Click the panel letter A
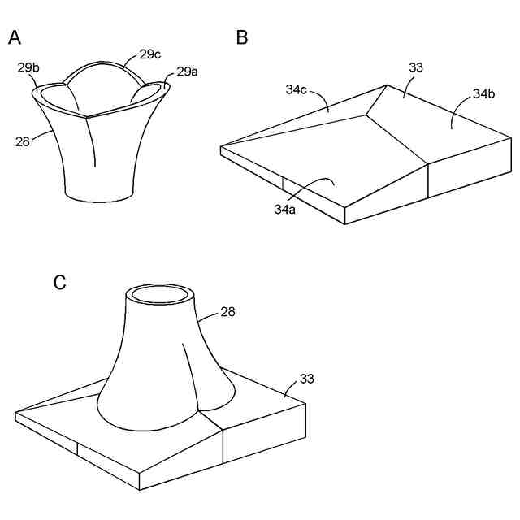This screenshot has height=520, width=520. [x=15, y=37]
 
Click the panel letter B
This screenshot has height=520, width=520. [x=242, y=37]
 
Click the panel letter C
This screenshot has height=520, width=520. [x=59, y=282]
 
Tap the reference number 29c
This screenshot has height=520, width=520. [x=150, y=55]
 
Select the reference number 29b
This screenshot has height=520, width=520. [x=28, y=68]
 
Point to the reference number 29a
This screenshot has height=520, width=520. [x=186, y=71]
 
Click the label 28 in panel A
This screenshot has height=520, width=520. [x=23, y=141]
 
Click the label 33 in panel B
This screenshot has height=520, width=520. [x=415, y=68]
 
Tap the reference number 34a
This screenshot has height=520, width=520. [x=284, y=210]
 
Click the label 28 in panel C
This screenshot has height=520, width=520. [x=228, y=312]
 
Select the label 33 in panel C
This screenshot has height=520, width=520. [x=306, y=378]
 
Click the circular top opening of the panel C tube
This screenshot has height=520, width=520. [x=160, y=293]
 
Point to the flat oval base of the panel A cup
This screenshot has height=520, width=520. [x=99, y=193]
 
